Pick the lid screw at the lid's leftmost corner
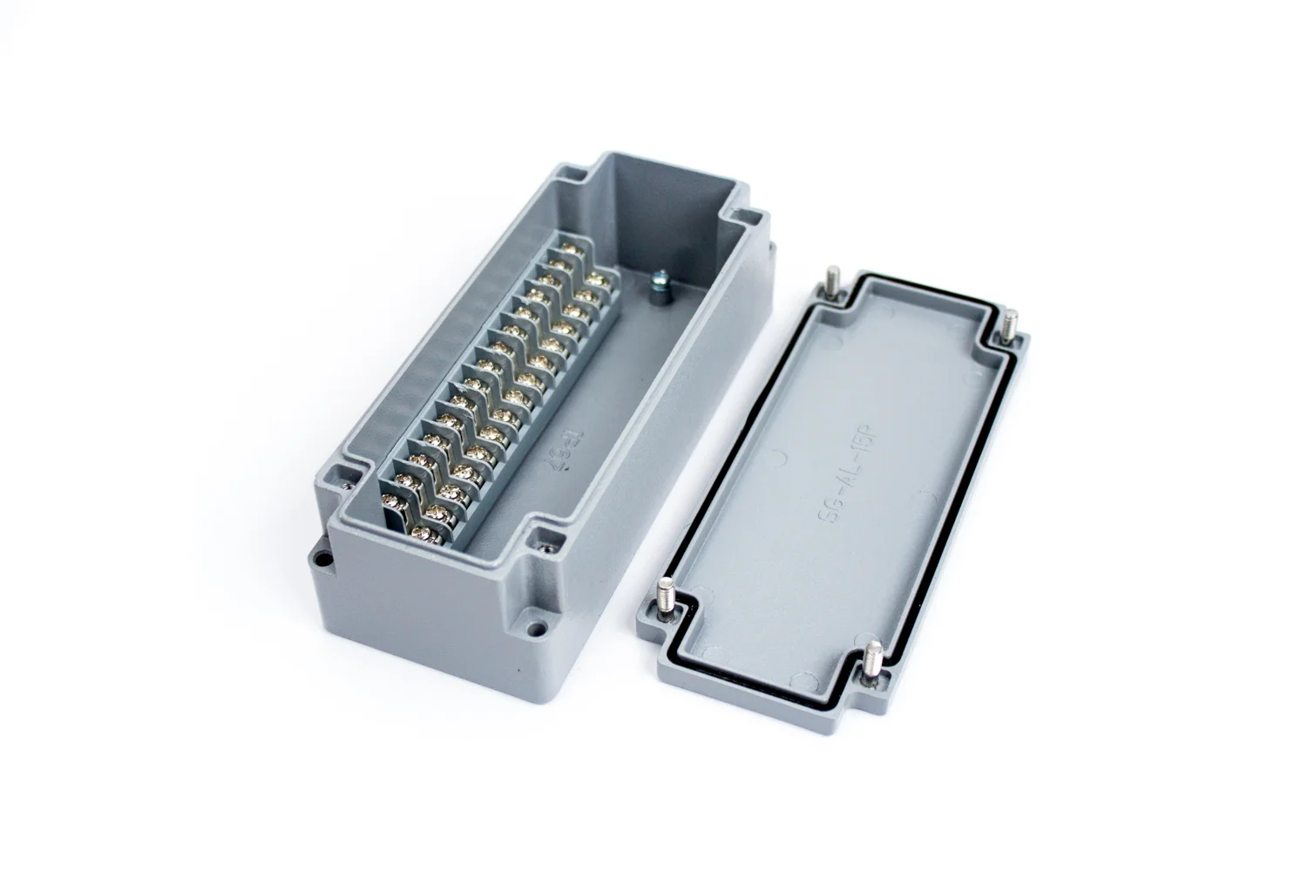(x=669, y=593)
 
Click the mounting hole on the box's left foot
(x=321, y=562)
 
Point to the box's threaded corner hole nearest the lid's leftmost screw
(x=547, y=548)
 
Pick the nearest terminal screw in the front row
(x=424, y=530)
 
